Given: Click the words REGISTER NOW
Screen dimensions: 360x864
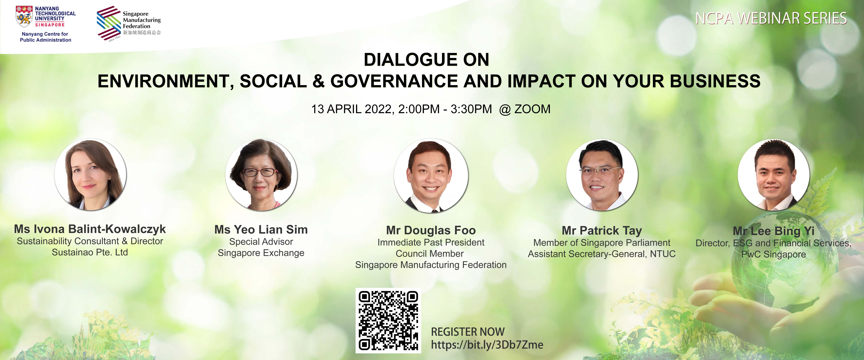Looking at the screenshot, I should [x=468, y=332].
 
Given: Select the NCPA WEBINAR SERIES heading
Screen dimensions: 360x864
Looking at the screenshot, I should [x=771, y=19].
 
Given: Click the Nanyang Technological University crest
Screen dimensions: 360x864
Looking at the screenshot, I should [x=24, y=16].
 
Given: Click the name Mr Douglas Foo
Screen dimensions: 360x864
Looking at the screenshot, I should [x=431, y=231].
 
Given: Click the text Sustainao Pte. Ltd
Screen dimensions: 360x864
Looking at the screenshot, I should [x=90, y=252].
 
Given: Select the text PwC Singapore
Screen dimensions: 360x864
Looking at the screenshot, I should [x=773, y=254].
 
